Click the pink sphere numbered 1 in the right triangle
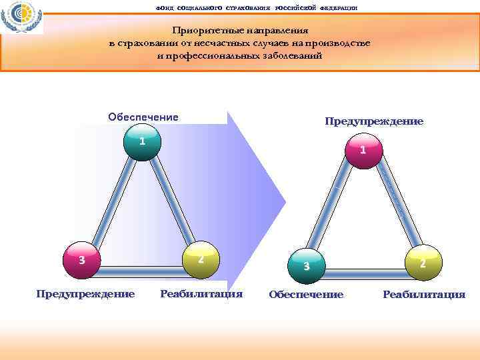click(363, 150)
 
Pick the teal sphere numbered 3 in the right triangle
click(306, 266)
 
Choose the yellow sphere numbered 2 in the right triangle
click(423, 263)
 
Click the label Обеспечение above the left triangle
click(143, 117)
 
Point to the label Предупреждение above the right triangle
click(374, 121)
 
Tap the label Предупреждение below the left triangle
click(85, 293)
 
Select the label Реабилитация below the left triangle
click(201, 293)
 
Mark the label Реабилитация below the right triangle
click(424, 295)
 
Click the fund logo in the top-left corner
click(22, 18)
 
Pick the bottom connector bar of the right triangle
click(364, 274)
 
